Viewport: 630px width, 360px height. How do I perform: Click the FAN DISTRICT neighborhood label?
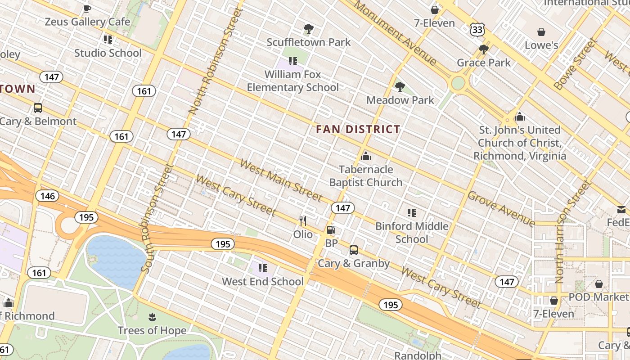[358, 130]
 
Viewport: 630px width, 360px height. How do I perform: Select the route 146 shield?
[47, 196]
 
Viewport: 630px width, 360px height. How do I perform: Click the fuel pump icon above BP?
[331, 230]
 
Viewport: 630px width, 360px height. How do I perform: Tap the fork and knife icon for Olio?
[303, 221]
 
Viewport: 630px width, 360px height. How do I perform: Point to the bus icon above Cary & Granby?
[354, 250]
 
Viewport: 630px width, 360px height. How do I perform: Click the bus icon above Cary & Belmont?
[38, 108]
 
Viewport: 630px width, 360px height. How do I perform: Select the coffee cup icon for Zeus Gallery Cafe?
[87, 8]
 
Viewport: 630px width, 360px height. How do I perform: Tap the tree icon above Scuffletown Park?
[308, 29]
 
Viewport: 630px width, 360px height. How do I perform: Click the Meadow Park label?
[400, 100]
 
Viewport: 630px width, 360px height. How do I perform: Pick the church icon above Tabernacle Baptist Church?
[366, 156]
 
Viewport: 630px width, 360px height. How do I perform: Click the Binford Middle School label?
[412, 232]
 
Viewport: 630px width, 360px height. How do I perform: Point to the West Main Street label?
[281, 180]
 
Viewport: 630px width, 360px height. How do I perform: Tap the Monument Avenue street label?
[395, 32]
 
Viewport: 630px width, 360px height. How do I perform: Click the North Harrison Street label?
[572, 231]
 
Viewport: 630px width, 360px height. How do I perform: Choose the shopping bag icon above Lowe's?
[541, 32]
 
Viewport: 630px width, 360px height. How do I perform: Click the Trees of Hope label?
[152, 330]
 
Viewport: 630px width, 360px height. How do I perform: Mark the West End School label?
[263, 282]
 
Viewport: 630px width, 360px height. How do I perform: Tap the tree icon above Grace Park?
[484, 49]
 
